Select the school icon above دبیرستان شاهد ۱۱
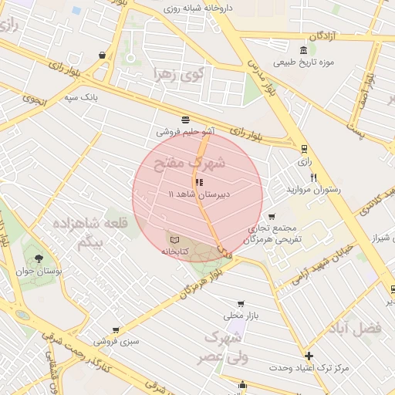(199, 182)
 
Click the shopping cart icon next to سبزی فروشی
(116, 330)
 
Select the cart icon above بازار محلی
(241, 303)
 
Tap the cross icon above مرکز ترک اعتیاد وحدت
(309, 356)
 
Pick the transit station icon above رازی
(304, 149)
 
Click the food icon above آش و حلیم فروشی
(184, 120)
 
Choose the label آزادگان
(324, 36)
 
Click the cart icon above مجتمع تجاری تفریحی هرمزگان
(271, 217)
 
